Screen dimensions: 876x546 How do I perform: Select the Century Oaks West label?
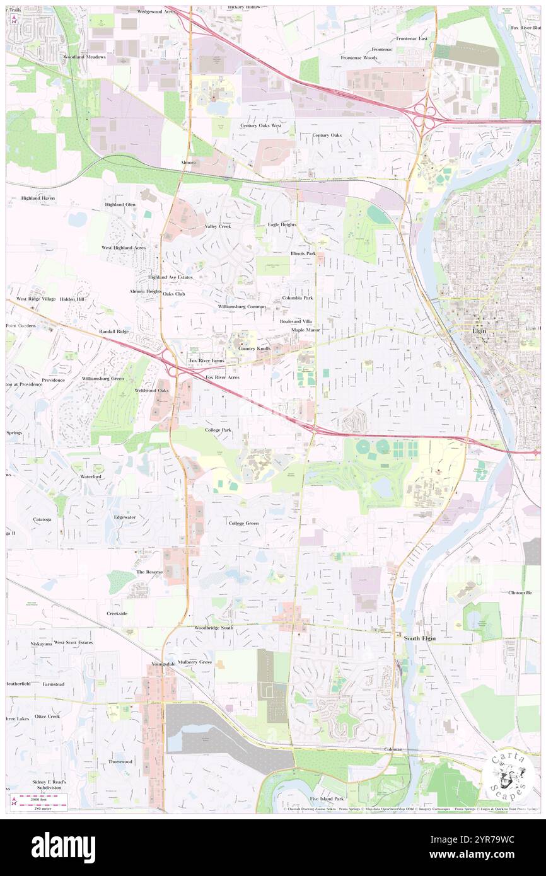tap(260, 125)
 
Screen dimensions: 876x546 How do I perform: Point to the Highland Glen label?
tap(120, 205)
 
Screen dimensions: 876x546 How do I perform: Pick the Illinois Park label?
tap(303, 253)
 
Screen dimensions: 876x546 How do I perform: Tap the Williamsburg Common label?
tap(242, 306)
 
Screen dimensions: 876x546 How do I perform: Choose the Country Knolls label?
tap(254, 349)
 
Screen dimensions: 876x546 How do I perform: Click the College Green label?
tap(243, 523)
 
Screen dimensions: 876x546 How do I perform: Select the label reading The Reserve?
tap(149, 572)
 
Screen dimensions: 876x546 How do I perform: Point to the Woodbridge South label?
tap(214, 628)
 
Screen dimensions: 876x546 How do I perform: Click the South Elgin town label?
tap(419, 638)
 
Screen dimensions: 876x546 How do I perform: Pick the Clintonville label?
tap(520, 593)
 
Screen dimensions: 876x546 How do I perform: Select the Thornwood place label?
tap(120, 761)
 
